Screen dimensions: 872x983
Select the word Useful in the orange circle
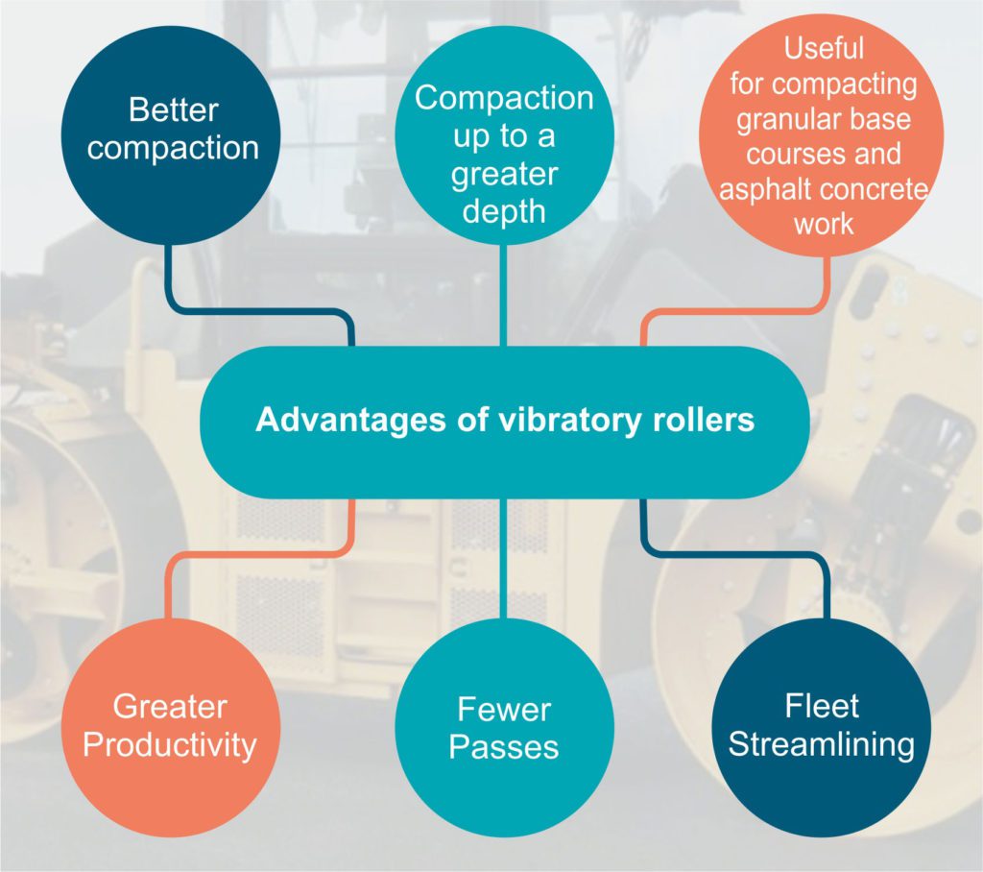[824, 47]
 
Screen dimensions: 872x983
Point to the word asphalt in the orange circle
[761, 189]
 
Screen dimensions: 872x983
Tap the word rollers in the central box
[702, 421]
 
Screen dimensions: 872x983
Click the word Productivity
[170, 744]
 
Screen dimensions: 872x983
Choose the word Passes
[504, 746]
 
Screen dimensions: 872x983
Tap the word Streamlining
[822, 744]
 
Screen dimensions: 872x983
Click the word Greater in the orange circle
[170, 707]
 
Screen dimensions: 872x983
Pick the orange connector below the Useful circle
[739, 312]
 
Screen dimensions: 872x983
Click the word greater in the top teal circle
[504, 176]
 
